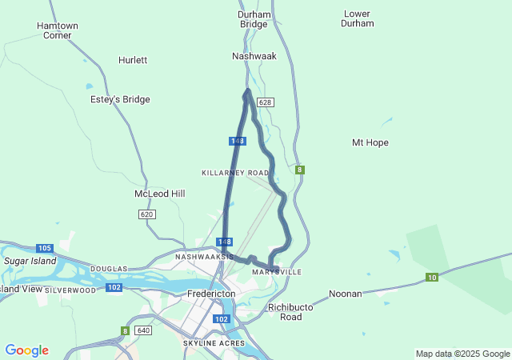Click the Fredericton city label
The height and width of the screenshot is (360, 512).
211,294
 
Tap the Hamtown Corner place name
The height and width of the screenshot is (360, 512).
58,30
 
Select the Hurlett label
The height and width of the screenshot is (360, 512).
133,60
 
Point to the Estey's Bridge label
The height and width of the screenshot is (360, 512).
120,99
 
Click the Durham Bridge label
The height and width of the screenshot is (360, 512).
254,19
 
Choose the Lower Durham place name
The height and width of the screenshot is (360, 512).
358,18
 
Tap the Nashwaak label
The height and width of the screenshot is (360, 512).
254,56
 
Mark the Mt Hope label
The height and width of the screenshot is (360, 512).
370,142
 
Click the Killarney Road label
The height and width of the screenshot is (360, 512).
235,173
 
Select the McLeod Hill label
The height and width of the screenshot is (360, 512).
160,194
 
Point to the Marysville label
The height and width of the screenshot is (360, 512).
277,272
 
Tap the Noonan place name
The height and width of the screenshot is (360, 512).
346,294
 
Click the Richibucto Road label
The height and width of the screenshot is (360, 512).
285,312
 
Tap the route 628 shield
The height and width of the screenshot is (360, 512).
266,102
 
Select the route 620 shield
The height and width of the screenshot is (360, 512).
146,214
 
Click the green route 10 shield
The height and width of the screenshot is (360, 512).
432,278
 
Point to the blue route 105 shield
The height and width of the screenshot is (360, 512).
44,248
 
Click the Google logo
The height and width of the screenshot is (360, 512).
26,350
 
